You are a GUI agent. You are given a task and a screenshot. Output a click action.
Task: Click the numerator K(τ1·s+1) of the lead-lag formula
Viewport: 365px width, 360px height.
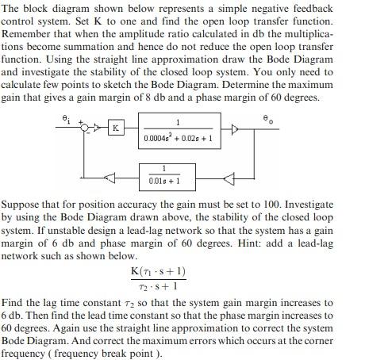coord(158,272)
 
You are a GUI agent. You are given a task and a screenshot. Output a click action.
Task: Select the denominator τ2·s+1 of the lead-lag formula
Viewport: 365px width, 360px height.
coord(159,285)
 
